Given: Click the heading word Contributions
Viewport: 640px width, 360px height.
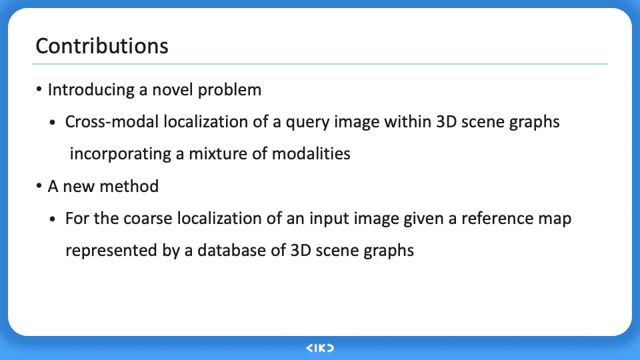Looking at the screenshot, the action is pos(102,46).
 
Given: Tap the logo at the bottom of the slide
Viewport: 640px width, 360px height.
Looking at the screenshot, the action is pos(320,348).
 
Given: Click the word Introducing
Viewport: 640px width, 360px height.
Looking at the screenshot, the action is pos(91,90).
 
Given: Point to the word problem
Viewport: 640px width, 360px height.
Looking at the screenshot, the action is pos(229,90).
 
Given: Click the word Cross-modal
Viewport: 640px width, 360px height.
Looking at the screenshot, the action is pos(111,121).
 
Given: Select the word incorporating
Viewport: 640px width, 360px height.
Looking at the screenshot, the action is pos(121,154).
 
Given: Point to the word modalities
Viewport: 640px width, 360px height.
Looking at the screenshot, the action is pos(311,154).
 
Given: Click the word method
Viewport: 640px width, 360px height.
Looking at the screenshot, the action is pos(129,186).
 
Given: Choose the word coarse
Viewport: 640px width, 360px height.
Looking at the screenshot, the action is pos(148,219).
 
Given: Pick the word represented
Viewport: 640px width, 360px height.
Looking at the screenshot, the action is pos(111,251).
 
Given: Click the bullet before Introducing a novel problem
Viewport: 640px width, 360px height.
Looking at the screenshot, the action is pos(39,89).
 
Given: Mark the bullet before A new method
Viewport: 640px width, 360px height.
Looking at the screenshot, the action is pos(39,186).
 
